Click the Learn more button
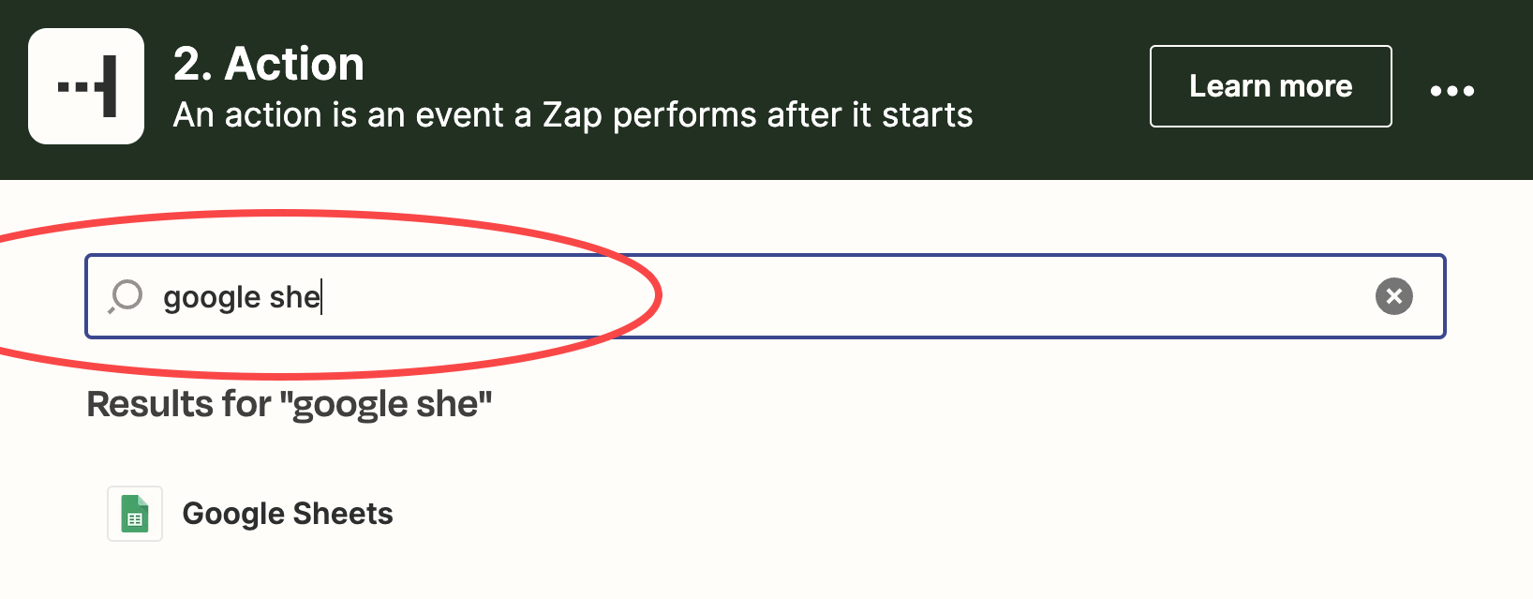(1271, 86)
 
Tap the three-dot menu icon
(1451, 90)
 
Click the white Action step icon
(86, 86)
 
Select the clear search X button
(1394, 296)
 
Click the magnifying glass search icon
(126, 296)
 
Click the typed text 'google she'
(242, 298)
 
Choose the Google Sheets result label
(288, 514)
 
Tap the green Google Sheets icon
(135, 514)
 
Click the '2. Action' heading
(268, 65)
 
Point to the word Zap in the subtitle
(573, 115)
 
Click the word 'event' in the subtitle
(459, 115)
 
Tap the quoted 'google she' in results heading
(386, 405)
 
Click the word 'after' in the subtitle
(805, 114)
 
